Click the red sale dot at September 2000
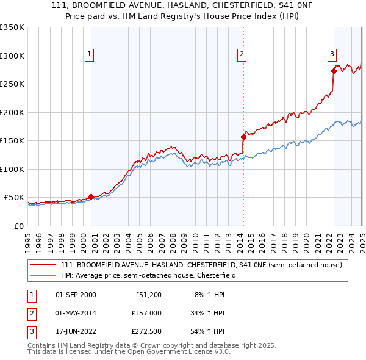click(91, 196)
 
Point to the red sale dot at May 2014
click(243, 137)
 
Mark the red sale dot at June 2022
click(334, 71)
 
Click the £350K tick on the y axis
click(12, 27)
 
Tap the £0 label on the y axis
click(18, 226)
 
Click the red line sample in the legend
click(43, 265)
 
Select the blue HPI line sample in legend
click(43, 275)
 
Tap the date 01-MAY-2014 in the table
click(76, 313)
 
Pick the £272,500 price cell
click(146, 332)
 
